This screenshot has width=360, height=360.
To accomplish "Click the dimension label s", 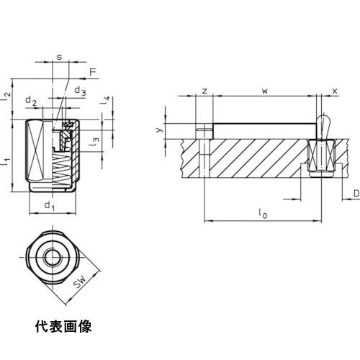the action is [x=59, y=57].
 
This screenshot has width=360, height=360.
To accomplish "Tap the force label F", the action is [x=93, y=72].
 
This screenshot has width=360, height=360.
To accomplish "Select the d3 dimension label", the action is [x=80, y=91].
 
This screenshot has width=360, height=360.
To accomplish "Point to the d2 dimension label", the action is [x=31, y=101].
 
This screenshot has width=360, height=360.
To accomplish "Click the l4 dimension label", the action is [x=105, y=100].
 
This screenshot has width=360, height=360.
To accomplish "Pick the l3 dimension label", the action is [x=94, y=142].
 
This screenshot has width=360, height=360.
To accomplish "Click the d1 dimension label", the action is [x=50, y=206].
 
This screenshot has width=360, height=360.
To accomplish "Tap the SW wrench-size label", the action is [x=80, y=282].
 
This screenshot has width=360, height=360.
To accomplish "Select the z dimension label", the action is [x=204, y=91].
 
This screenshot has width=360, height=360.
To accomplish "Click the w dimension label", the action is [x=265, y=91].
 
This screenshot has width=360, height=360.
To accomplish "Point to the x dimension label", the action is [x=335, y=91].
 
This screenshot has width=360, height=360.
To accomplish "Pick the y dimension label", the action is [x=159, y=130].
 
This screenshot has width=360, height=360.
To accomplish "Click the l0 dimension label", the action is [x=263, y=214].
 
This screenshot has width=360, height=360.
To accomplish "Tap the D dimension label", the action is [x=357, y=194].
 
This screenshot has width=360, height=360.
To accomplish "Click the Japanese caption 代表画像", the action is [x=63, y=326].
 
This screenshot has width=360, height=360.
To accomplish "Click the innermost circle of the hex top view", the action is [x=53, y=257].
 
